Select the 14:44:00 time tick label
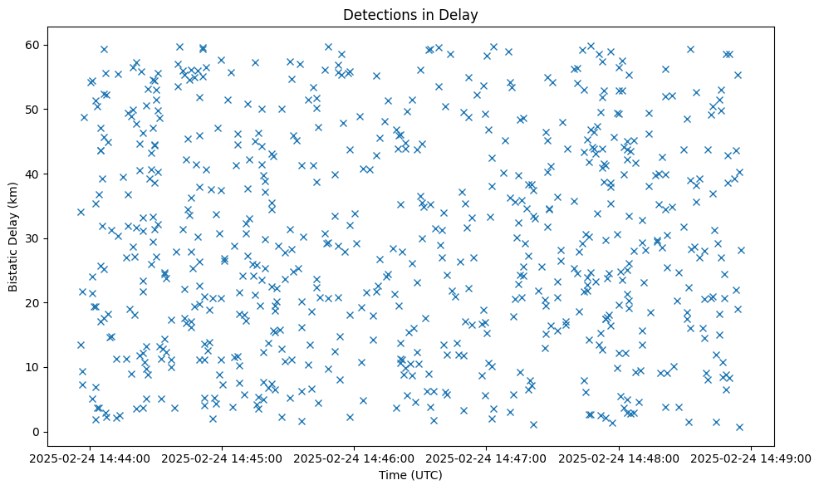point(91,458)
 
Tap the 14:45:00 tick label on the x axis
point(223,458)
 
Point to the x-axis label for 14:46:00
point(355,458)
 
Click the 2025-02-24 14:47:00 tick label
point(487,458)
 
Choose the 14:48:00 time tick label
point(619,458)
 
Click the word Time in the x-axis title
point(390,475)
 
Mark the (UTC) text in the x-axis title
point(425,475)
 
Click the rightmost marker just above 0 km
point(739,427)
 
